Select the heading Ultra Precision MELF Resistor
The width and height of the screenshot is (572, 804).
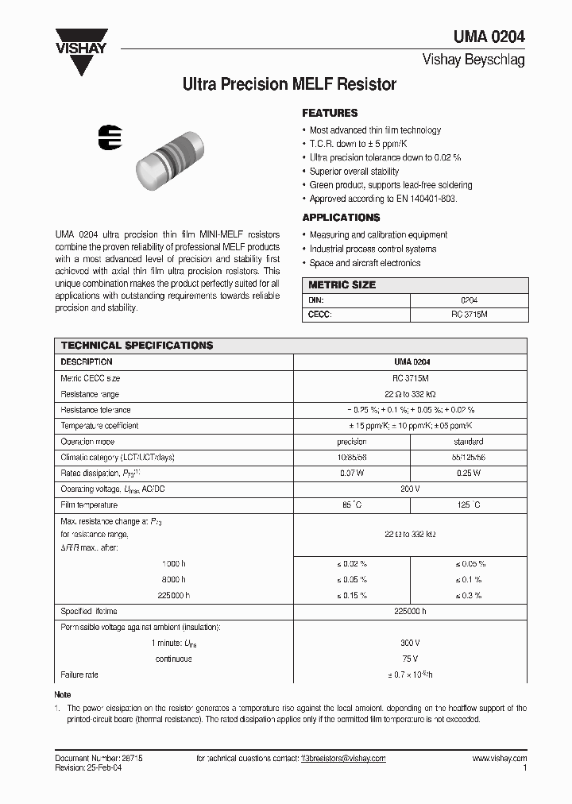289,83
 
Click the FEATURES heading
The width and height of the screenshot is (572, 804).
330,113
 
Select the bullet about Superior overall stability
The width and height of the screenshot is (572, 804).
354,171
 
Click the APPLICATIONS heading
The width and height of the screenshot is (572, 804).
341,218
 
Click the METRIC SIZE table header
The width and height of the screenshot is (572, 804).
342,285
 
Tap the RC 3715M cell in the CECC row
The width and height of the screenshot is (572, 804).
469,315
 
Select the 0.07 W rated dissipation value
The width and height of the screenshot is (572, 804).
352,473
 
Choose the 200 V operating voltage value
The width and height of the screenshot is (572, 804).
410,489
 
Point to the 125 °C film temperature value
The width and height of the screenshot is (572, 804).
468,504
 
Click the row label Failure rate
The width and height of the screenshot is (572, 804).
79,675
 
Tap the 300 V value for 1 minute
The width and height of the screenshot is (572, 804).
410,643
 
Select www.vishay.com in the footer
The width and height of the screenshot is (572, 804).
499,759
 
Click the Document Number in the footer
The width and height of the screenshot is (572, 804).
99,759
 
